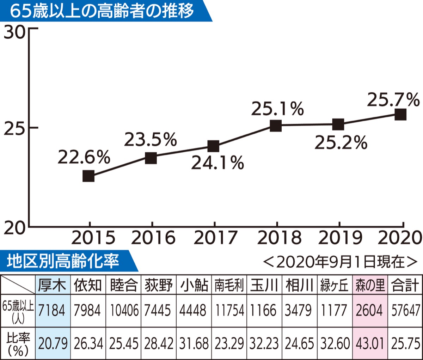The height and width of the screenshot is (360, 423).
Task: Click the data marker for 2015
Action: coord(88,176)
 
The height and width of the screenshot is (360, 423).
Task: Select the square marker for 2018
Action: coord(276,126)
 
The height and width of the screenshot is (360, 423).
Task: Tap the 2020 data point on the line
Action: coord(400,115)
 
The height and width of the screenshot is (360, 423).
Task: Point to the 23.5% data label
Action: coord(150,140)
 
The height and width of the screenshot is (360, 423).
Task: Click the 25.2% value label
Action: coord(341,143)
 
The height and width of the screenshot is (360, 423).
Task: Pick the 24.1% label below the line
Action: coord(217,163)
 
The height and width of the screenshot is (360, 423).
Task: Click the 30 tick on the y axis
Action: coord(14,33)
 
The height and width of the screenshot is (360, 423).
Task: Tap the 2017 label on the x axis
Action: coord(215,238)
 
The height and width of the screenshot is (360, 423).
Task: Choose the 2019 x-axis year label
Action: coord(340,238)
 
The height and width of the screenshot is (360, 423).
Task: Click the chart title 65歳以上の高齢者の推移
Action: coord(102,11)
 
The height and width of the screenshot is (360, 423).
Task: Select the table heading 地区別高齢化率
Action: coord(63,261)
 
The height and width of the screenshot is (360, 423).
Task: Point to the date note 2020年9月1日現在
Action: coord(340,262)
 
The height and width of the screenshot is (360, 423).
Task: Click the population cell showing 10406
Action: coord(124,310)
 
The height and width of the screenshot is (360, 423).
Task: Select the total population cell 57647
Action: coord(406,310)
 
